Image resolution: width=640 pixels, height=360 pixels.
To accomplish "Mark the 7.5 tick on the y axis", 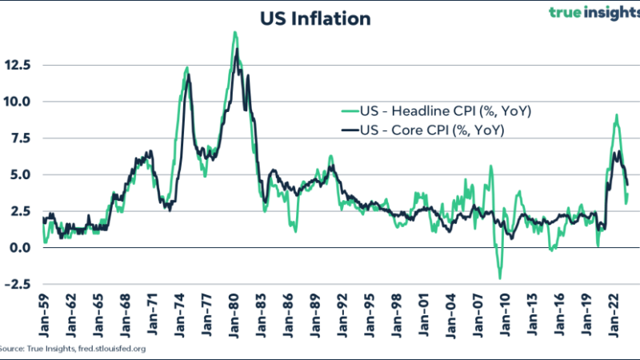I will point(25,138).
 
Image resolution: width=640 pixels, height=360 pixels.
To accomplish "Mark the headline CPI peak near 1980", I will point(234,33).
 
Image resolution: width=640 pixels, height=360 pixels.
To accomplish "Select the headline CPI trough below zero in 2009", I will point(500,278).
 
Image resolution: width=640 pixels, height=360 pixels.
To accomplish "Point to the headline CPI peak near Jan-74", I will point(186,68).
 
